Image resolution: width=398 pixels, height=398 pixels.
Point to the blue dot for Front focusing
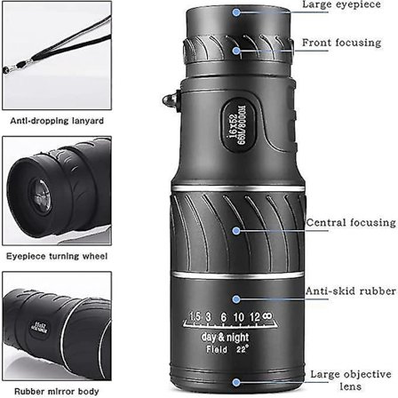point(235,51)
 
